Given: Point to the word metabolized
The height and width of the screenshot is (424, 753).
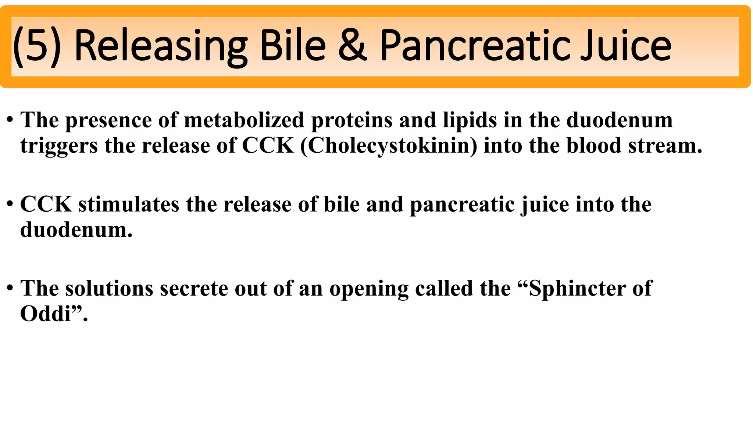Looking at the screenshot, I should [244, 120].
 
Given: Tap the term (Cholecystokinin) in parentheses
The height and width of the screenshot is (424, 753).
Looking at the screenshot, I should [389, 146].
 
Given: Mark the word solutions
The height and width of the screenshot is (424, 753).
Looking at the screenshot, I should [109, 289].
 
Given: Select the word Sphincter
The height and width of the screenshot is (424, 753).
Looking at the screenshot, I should [577, 289].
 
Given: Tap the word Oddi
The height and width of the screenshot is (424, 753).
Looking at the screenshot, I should [45, 314].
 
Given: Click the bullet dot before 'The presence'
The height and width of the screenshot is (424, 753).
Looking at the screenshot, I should [10, 120].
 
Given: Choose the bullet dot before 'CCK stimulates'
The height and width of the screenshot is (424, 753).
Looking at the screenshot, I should [10, 204].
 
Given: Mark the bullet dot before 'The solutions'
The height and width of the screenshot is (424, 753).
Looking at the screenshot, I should [10, 288].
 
